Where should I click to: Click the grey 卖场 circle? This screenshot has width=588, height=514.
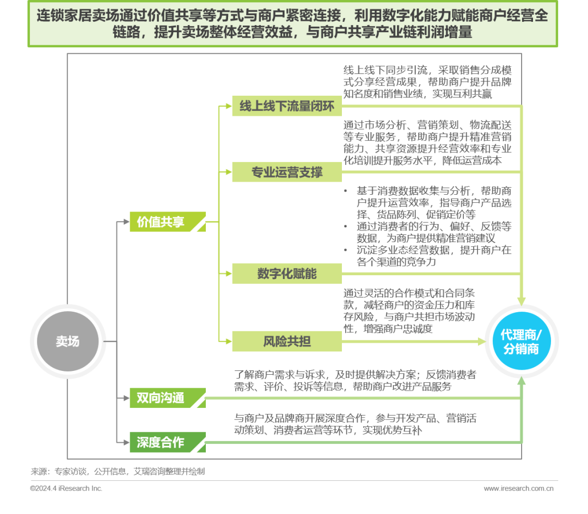68,342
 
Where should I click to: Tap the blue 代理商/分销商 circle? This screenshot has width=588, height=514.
521,342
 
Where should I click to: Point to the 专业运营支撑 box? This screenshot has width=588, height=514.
286,172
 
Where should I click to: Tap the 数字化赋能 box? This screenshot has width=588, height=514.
286,274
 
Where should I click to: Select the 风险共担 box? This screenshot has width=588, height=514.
286,342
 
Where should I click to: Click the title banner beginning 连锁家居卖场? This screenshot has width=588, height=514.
293,24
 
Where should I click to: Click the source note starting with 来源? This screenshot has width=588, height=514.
118,472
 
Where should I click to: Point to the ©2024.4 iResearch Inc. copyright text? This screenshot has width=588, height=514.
66,488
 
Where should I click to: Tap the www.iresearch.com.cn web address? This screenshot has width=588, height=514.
518,488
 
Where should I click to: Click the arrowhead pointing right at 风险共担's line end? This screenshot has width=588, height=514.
481,342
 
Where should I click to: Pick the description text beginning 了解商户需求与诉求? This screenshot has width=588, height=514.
355,381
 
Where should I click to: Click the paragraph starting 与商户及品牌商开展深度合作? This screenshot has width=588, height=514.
355,424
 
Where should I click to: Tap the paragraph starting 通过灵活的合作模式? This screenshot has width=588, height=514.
409,311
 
